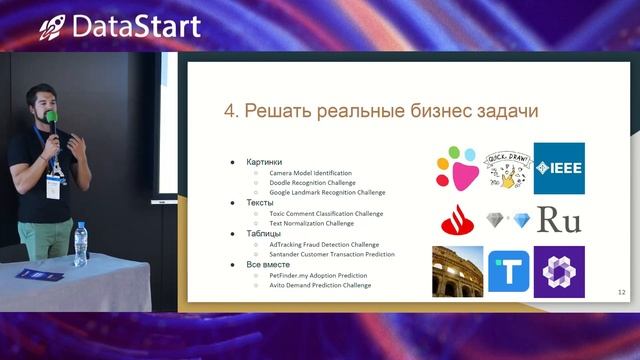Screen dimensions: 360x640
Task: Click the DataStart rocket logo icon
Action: tap(53, 27)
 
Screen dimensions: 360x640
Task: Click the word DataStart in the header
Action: tap(136, 26)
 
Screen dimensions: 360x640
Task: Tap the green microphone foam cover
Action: tap(50, 117)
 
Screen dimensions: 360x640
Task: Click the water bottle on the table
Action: tap(80, 244)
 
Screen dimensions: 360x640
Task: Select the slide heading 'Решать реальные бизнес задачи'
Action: tap(381, 111)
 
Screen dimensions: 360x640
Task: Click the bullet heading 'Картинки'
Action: tap(264, 161)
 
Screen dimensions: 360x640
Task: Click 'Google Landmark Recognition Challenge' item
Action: tap(327, 192)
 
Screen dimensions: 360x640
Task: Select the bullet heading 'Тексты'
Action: tap(260, 203)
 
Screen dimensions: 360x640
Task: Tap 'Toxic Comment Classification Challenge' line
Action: tap(326, 213)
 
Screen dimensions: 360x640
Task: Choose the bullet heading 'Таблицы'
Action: tap(263, 233)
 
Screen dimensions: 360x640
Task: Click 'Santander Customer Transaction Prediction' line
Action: tap(331, 254)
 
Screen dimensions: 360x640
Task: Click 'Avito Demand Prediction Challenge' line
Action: tap(320, 285)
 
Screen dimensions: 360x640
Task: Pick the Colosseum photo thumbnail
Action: tap(457, 271)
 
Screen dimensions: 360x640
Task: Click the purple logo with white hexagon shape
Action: tap(558, 271)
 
